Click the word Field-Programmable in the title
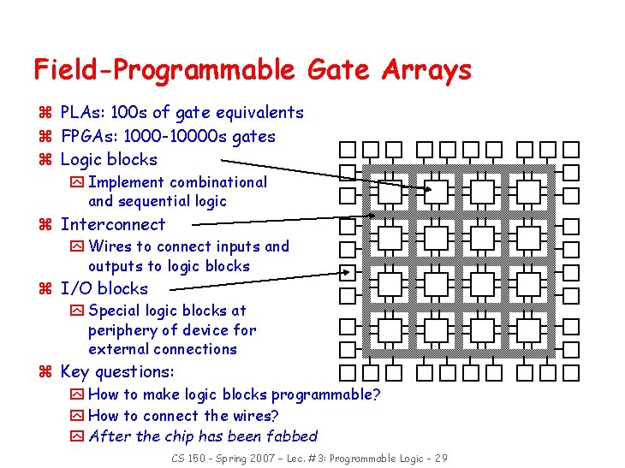tap(159, 70)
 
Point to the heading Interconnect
tap(113, 224)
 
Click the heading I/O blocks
tap(104, 288)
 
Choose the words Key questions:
tap(117, 371)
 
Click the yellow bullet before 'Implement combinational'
tap(77, 182)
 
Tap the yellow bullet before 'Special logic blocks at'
tap(77, 311)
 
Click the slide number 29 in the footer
tap(439, 459)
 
